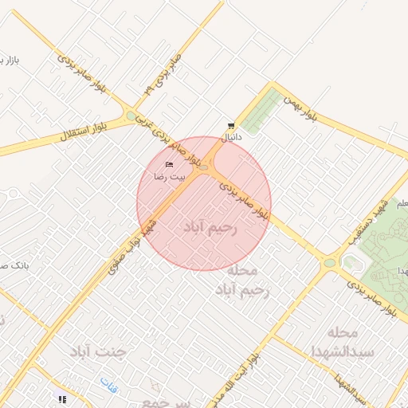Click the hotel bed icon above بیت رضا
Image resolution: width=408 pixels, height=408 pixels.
169,164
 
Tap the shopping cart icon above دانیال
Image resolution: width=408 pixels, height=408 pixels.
230,126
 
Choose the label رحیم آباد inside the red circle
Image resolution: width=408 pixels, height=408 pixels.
211,228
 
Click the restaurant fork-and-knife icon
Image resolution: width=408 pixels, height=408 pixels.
61,398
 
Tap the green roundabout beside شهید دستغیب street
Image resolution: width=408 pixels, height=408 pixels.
329,263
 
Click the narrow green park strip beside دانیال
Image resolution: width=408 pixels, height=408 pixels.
262,111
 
